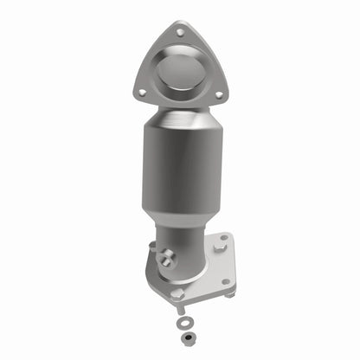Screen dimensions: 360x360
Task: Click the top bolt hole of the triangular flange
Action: pos(179,32)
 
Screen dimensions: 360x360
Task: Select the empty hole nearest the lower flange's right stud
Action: pos(224,281)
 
